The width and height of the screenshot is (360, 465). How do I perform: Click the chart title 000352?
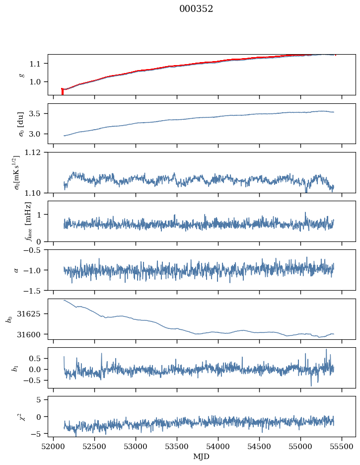pyautogui.click(x=196, y=9)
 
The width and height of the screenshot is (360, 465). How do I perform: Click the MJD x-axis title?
pyautogui.click(x=201, y=457)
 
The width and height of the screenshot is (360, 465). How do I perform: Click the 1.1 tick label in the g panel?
pyautogui.click(x=38, y=64)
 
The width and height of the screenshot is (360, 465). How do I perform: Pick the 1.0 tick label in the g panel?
pyautogui.click(x=38, y=82)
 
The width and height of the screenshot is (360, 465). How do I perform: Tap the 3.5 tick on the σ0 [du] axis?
pyautogui.click(x=38, y=114)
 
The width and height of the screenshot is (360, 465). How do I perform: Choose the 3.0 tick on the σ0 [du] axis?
pyautogui.click(x=38, y=134)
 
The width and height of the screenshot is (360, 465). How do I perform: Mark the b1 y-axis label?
pyautogui.click(x=14, y=368)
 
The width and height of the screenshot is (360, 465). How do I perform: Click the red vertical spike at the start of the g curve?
pyautogui.click(x=62, y=91)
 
